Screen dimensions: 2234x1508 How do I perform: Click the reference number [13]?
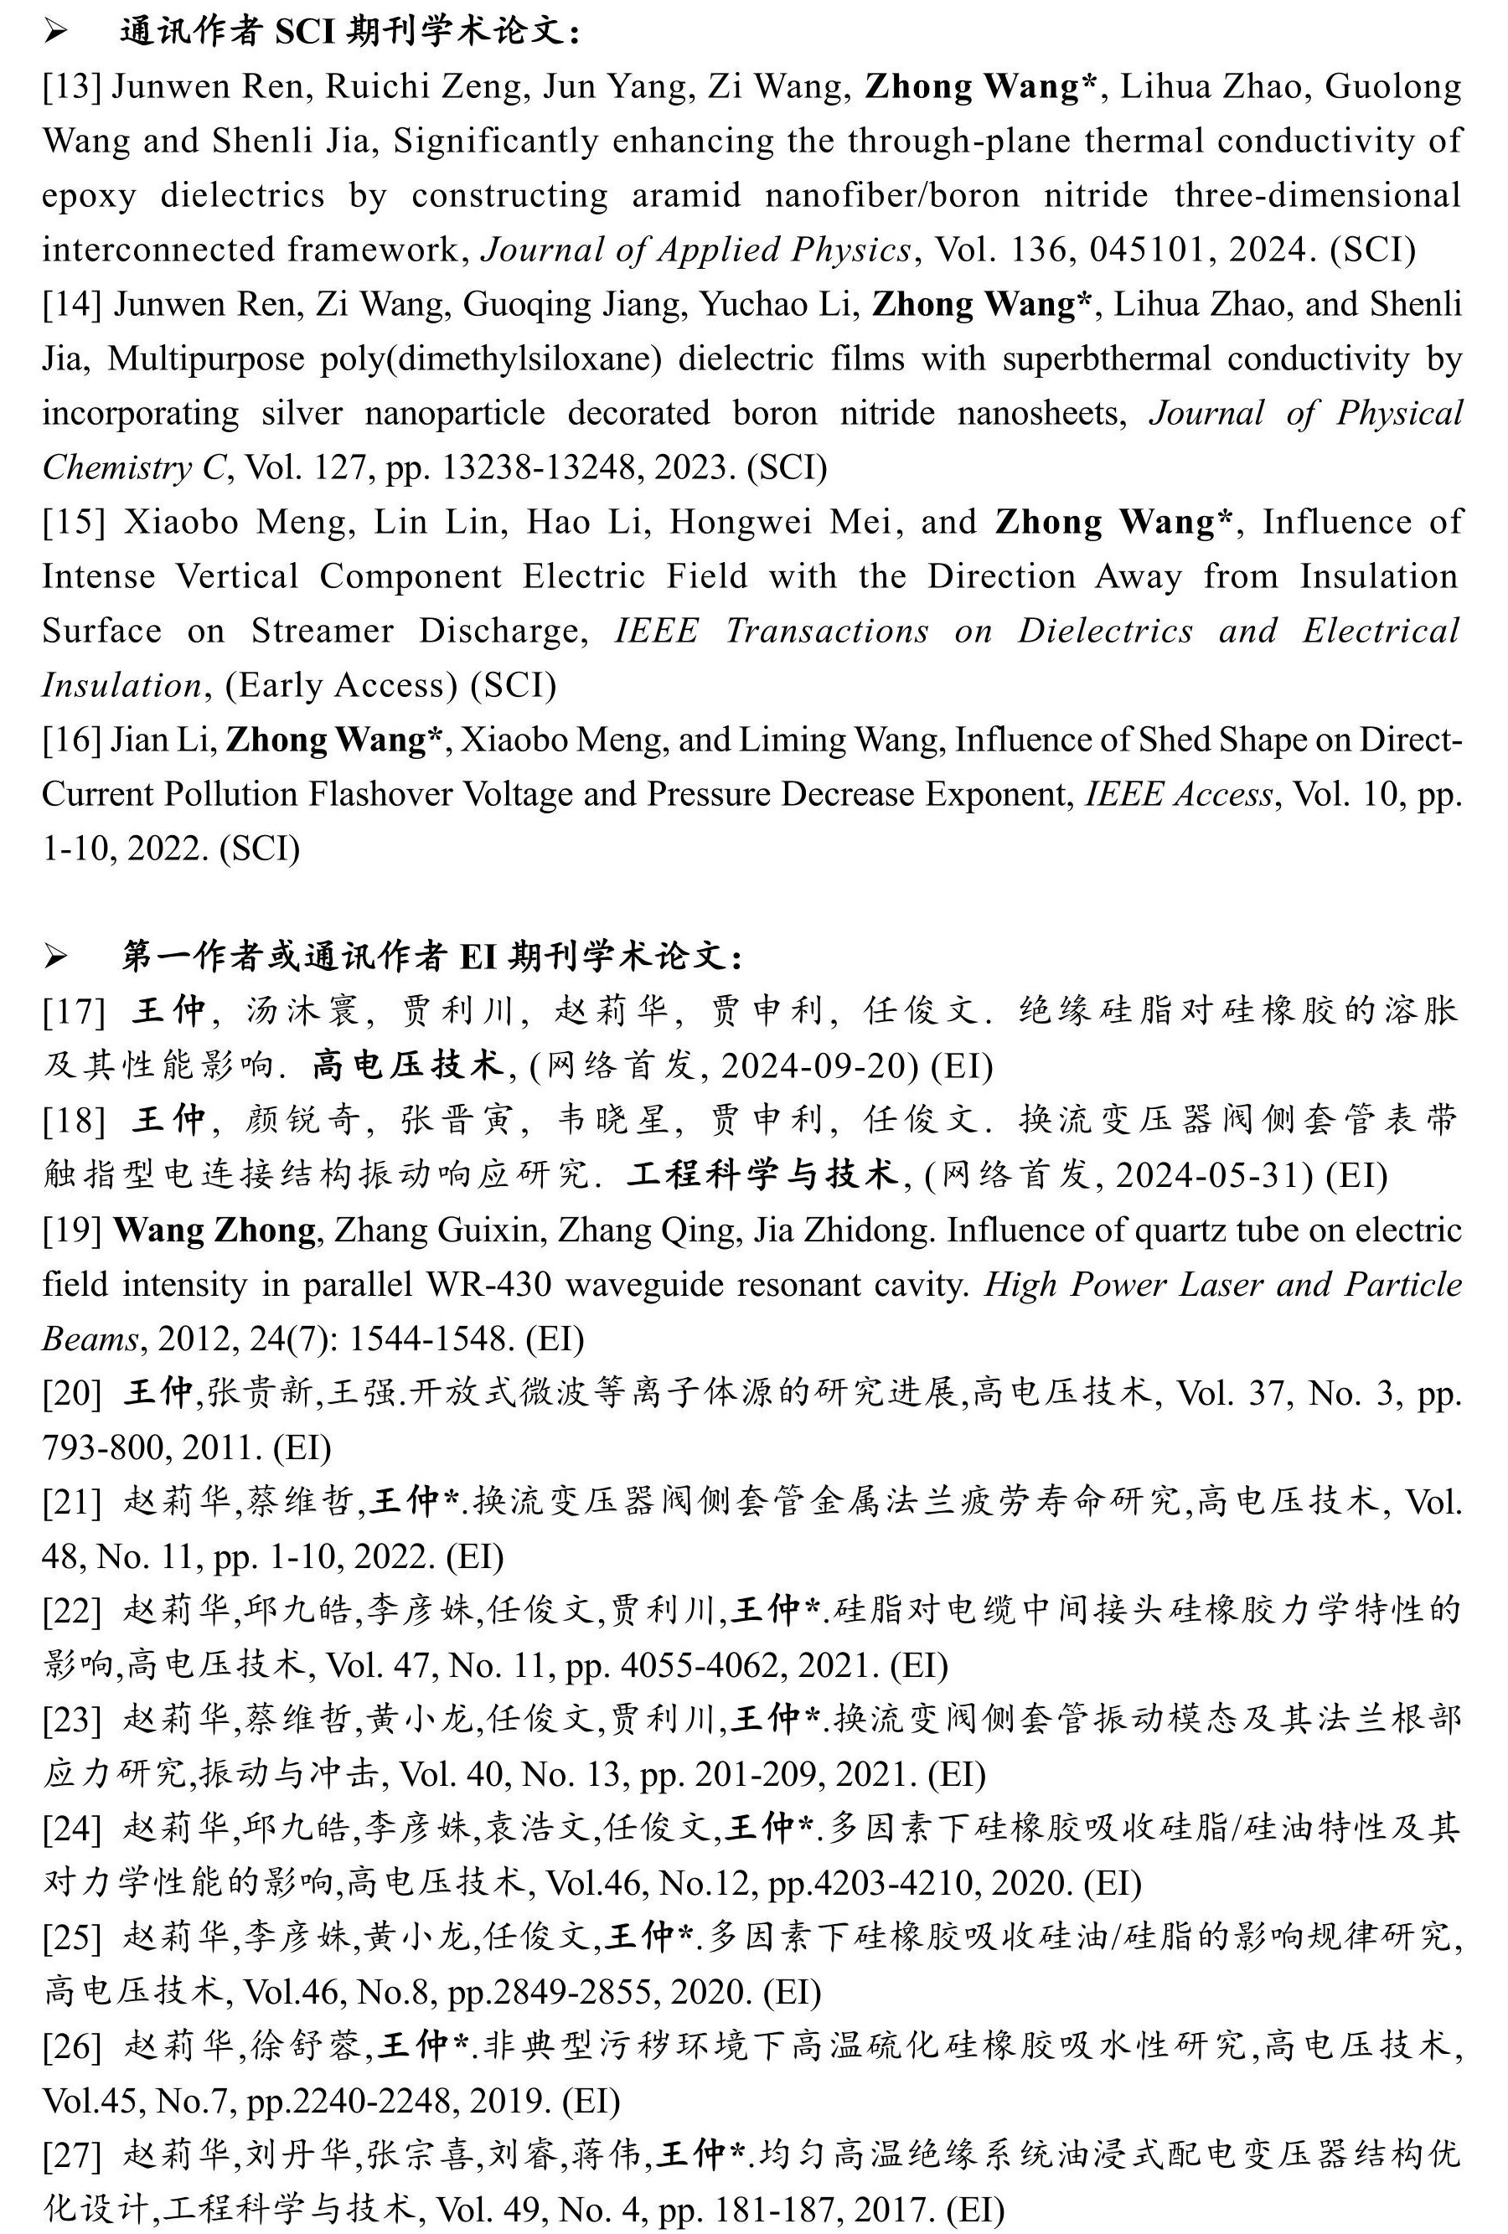click(71, 86)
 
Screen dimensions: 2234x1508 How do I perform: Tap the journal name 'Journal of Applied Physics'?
click(696, 250)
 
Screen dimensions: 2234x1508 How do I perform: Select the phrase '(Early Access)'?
click(341, 684)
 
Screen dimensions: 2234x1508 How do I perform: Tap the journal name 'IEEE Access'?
click(1177, 794)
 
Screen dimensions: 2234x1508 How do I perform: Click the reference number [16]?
click(71, 739)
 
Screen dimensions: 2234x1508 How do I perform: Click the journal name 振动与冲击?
click(289, 1773)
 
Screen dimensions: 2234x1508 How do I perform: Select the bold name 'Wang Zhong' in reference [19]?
click(214, 1231)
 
